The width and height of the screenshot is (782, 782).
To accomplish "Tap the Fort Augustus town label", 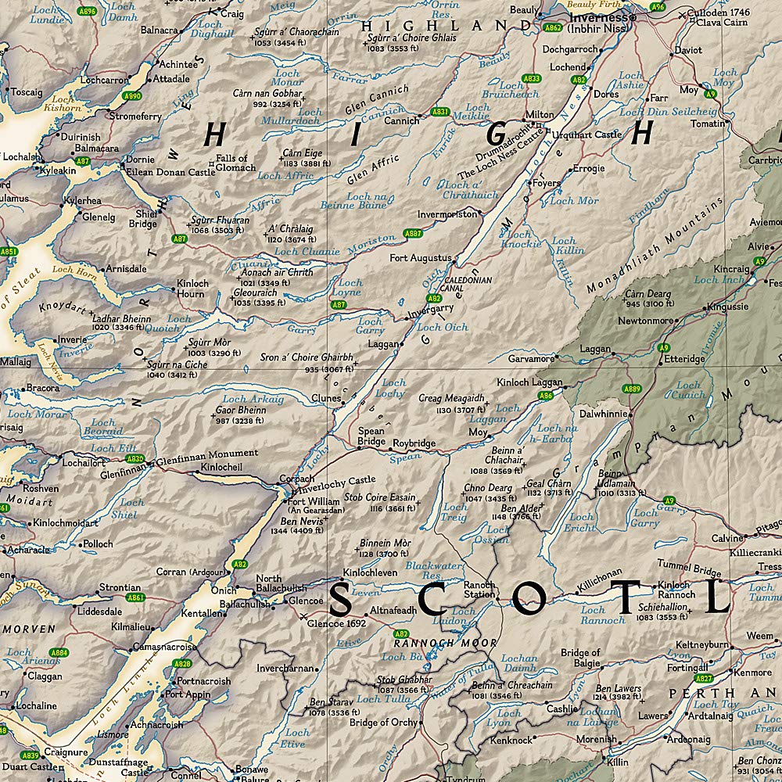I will pyautogui.click(x=421, y=257).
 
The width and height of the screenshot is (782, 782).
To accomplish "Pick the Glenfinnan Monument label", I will pyautogui.click(x=207, y=453).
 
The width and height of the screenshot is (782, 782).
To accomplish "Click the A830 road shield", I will pyautogui.click(x=135, y=459).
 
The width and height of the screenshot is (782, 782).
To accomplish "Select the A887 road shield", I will pyautogui.click(x=414, y=234).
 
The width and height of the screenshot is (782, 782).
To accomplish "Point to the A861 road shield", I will pyautogui.click(x=135, y=597).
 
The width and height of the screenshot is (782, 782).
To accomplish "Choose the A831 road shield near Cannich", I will pyautogui.click(x=440, y=112).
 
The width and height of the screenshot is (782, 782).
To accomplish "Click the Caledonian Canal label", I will pyautogui.click(x=468, y=284).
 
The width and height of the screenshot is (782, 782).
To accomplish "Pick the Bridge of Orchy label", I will pyautogui.click(x=383, y=723).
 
